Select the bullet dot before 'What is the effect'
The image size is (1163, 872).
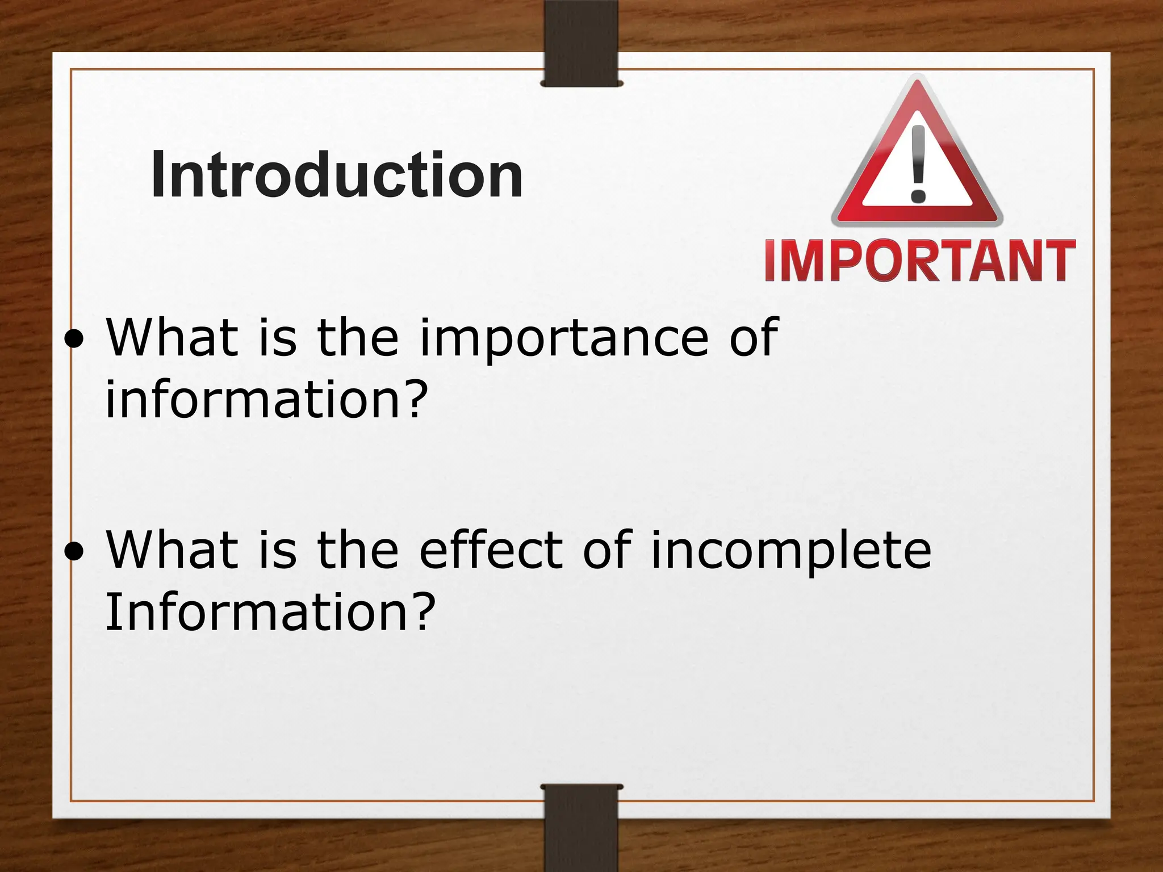(x=74, y=551)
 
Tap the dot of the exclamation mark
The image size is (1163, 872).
(x=918, y=196)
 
